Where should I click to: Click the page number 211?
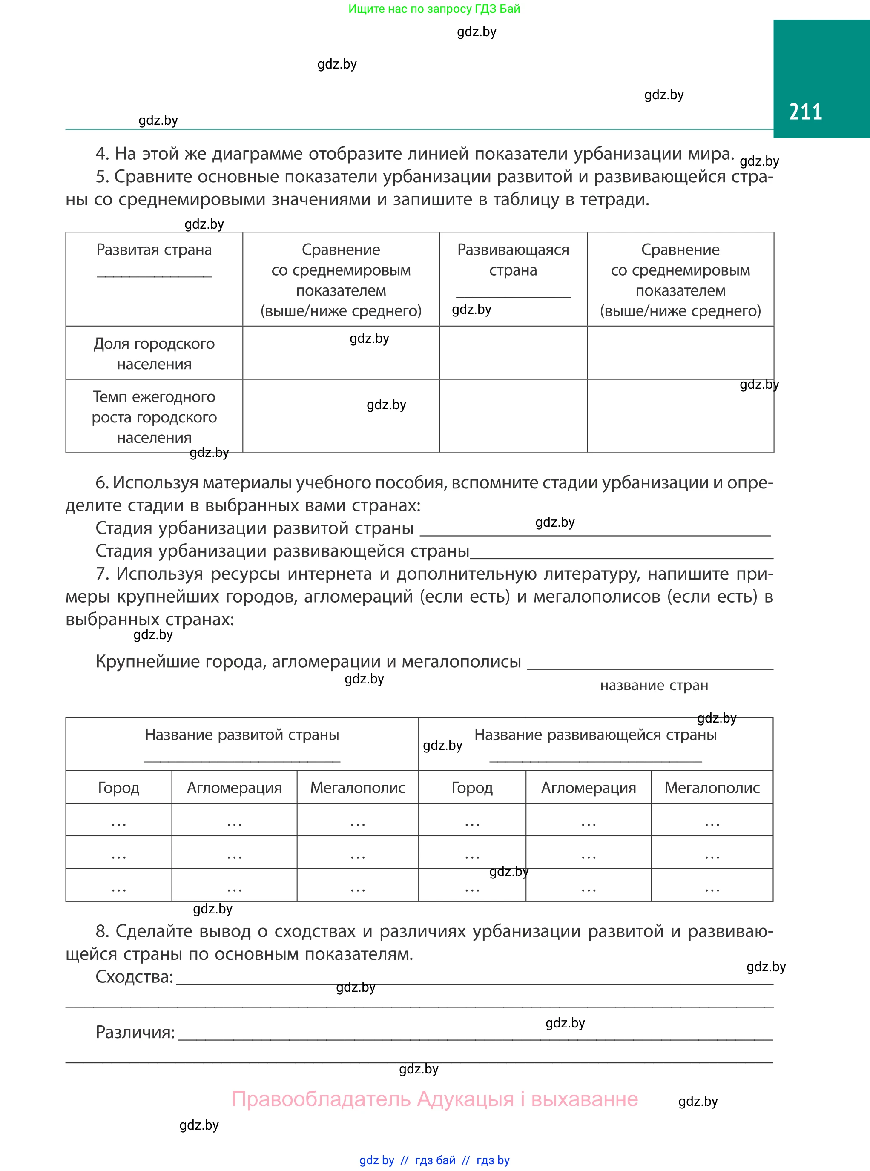(805, 112)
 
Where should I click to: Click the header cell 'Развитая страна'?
(154, 250)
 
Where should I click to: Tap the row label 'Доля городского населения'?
(154, 353)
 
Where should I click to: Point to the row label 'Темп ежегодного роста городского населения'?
(154, 416)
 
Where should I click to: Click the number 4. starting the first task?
(102, 154)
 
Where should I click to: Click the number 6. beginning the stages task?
(102, 482)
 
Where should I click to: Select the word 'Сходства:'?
(134, 977)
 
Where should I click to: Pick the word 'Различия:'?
(135, 1032)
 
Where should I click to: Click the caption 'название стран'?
(654, 685)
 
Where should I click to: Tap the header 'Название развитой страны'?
(242, 735)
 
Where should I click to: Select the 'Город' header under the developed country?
(118, 788)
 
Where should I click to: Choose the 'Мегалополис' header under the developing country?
(712, 788)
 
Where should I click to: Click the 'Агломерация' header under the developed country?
(234, 788)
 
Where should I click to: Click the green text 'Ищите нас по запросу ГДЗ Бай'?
(434, 9)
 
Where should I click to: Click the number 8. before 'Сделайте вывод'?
(102, 931)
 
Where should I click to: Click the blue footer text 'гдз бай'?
(435, 1160)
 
